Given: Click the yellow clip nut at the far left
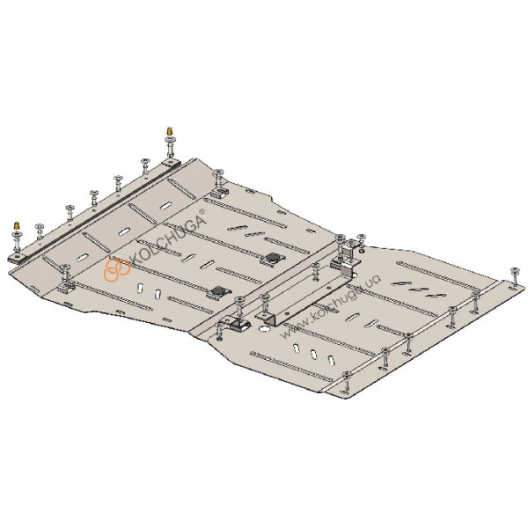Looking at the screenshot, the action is (16, 224).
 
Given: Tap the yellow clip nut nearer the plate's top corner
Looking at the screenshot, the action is (169, 130).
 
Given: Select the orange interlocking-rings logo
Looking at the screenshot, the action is (116, 269).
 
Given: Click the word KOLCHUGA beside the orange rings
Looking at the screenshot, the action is (167, 239).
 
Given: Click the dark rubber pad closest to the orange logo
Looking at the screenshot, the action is (219, 291).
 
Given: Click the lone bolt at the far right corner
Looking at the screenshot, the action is (514, 277).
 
